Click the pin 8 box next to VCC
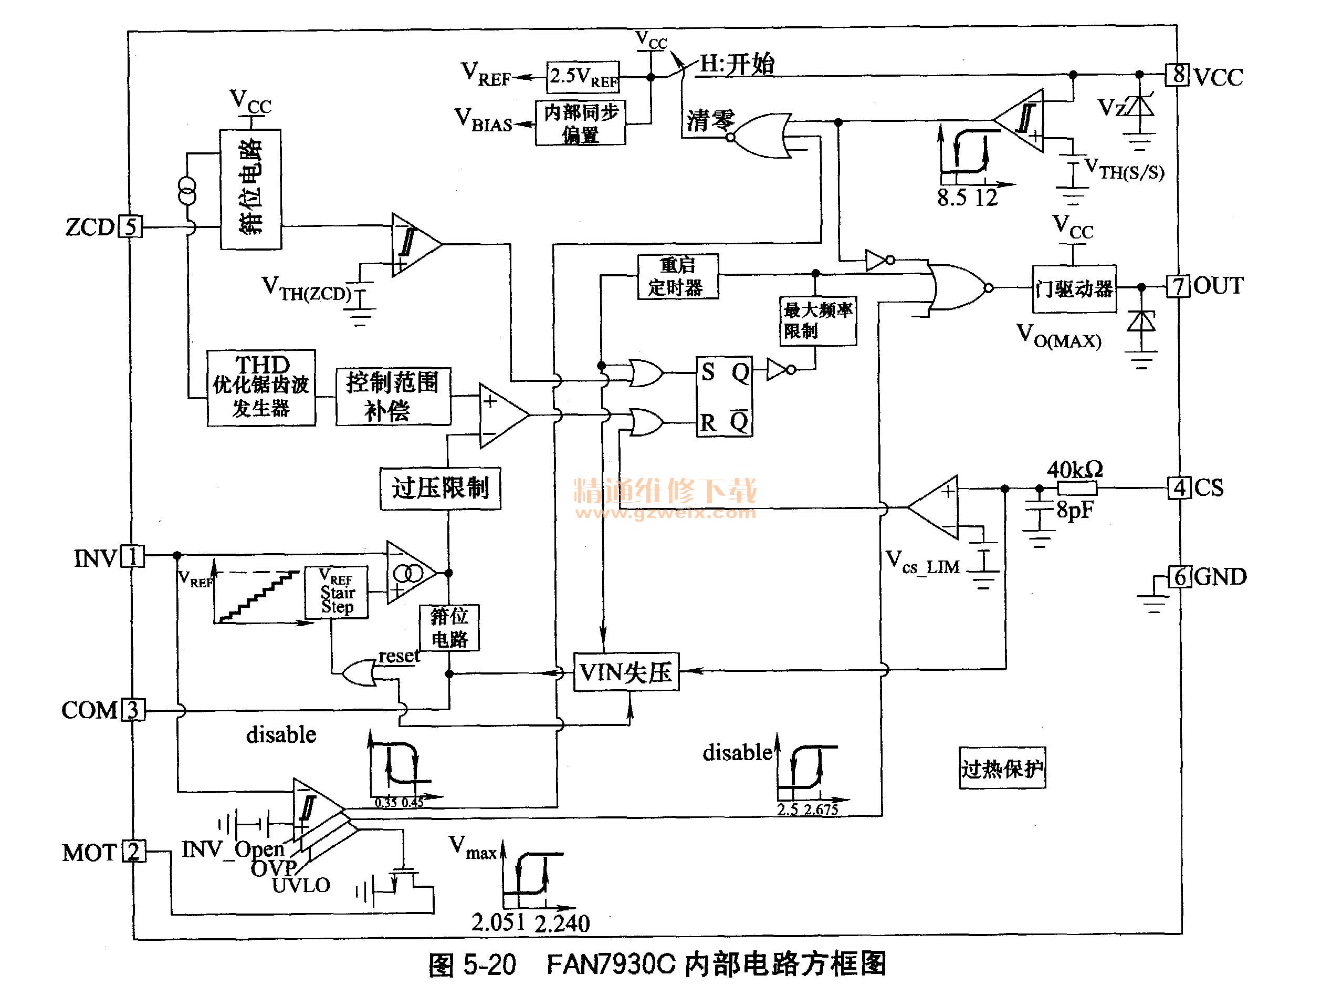click(x=1177, y=75)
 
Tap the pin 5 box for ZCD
click(x=130, y=226)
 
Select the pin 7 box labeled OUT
click(x=1177, y=286)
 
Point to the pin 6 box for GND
click(x=1179, y=577)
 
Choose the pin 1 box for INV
click(x=132, y=556)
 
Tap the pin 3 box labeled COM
click(x=133, y=709)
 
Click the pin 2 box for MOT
click(x=134, y=851)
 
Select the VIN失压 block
click(x=626, y=672)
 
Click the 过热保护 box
click(x=1001, y=768)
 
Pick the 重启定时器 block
click(x=677, y=276)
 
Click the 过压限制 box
click(x=440, y=488)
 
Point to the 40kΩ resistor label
click(x=1075, y=469)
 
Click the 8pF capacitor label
click(x=1075, y=510)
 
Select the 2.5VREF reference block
click(x=583, y=77)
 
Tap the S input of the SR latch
click(x=708, y=372)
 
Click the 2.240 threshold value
click(x=562, y=923)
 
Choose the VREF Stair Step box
click(x=336, y=592)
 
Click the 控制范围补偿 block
click(x=393, y=397)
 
